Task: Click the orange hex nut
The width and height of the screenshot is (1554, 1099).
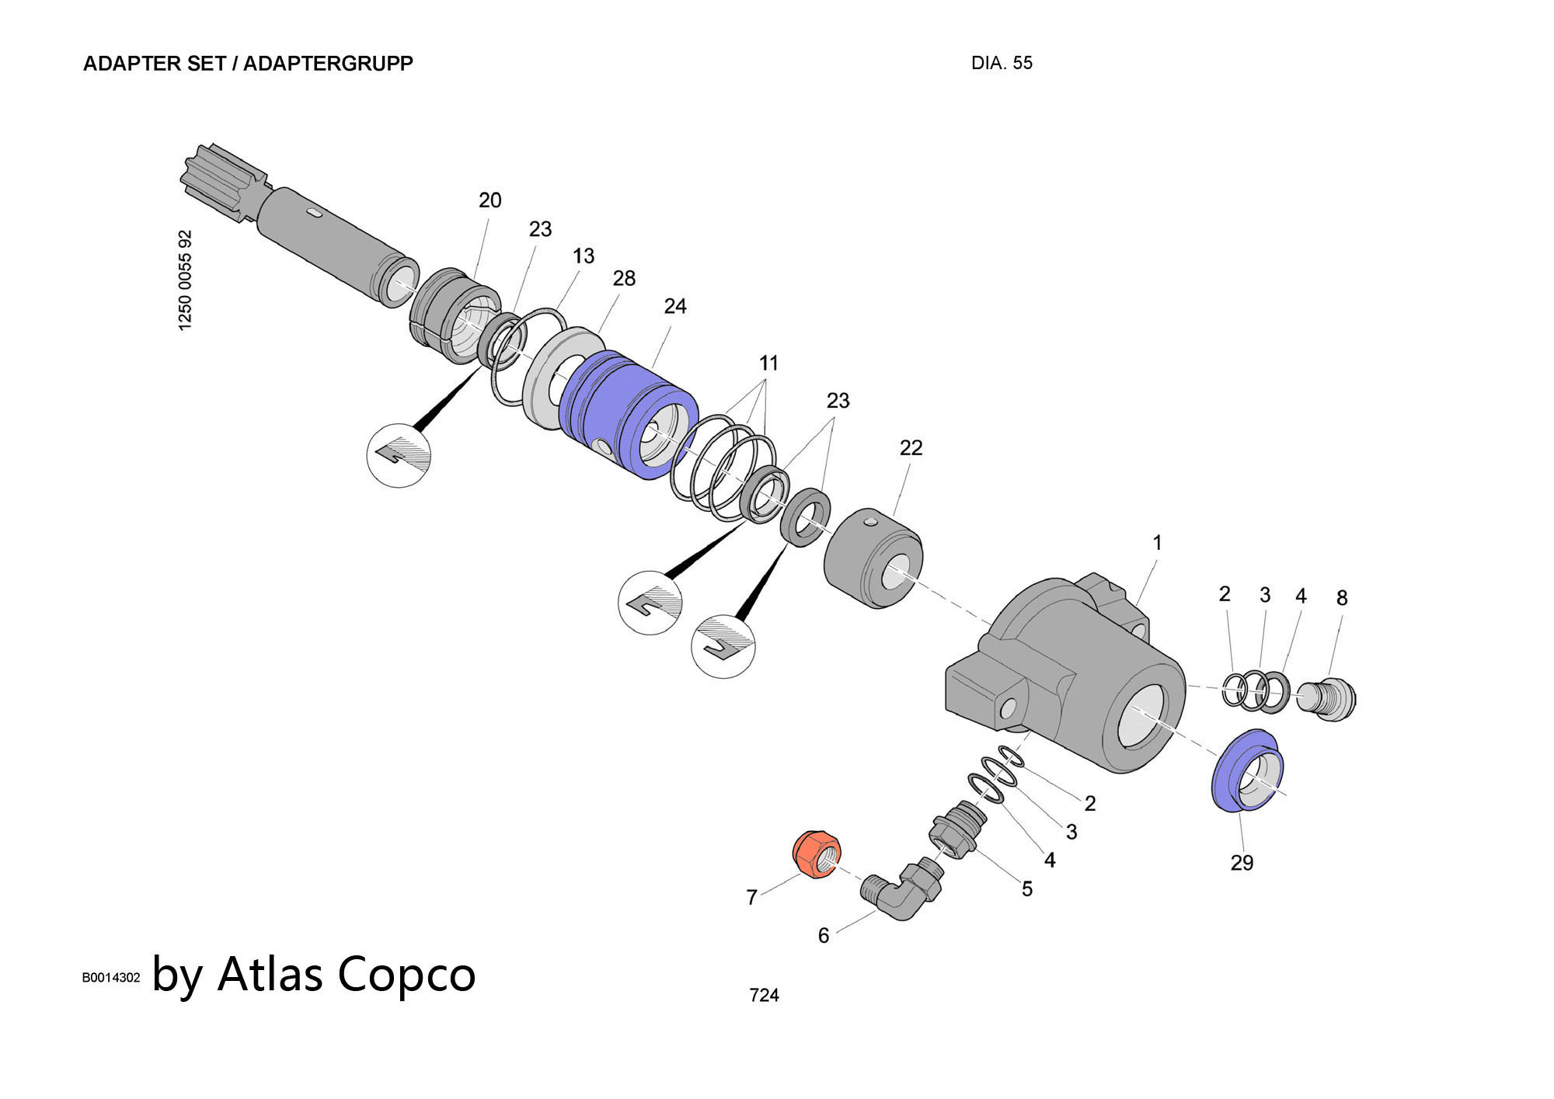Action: pos(817,854)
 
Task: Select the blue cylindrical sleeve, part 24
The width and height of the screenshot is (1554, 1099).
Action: pos(622,412)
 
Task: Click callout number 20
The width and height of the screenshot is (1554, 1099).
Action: pos(490,200)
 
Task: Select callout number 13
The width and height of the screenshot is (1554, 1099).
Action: pos(583,256)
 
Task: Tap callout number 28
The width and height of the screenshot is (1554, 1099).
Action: pos(624,278)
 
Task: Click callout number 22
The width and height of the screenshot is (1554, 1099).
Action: pos(911,448)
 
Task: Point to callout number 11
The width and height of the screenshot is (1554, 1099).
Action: pos(768,363)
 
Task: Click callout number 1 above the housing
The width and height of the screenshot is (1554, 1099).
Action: pos(1157,543)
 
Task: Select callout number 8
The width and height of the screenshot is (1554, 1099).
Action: pos(1342,598)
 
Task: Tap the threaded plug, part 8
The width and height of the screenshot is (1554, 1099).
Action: pos(1330,699)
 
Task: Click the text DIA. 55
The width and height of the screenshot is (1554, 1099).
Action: pos(1002,64)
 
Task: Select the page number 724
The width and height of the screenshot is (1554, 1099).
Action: pos(764,995)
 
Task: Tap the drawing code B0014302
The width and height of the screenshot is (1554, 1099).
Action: pos(111,978)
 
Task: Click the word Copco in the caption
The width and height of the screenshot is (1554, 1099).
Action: pos(406,974)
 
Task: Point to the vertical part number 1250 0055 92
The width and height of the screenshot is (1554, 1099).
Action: pos(185,280)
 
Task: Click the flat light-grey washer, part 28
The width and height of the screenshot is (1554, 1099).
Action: pos(548,373)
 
